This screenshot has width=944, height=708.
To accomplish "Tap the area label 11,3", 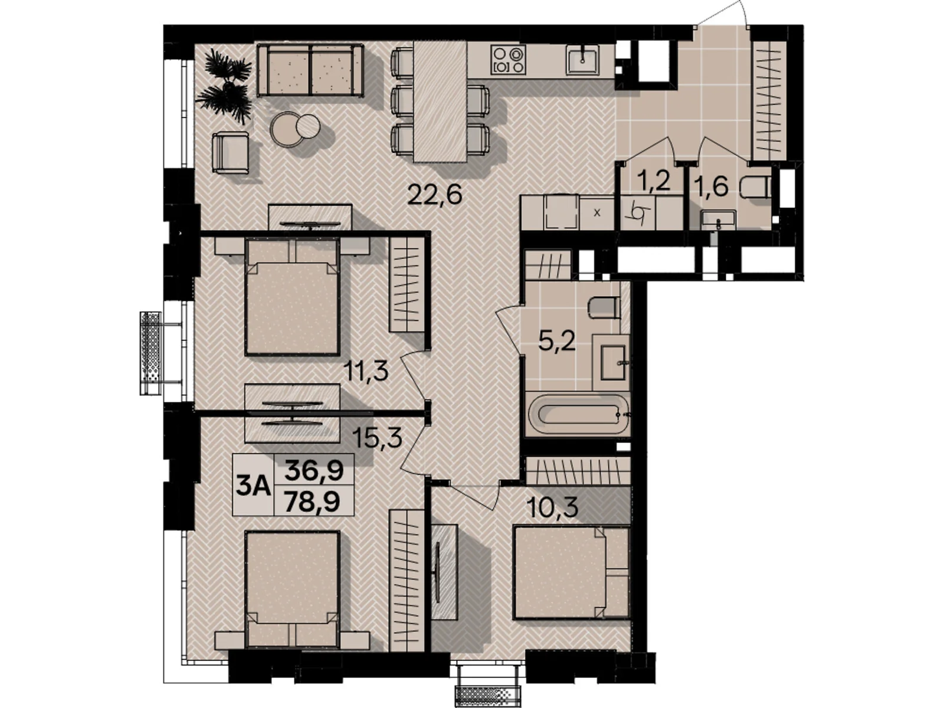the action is pyautogui.click(x=366, y=371).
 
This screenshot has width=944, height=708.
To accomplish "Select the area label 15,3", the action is pyautogui.click(x=377, y=438).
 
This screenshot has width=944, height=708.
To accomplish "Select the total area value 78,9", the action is pyautogui.click(x=313, y=501).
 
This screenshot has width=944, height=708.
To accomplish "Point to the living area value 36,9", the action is pyautogui.click(x=314, y=470).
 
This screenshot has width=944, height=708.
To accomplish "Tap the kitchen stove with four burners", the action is pyautogui.click(x=509, y=58).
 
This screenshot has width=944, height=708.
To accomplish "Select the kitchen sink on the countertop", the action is pyautogui.click(x=583, y=60).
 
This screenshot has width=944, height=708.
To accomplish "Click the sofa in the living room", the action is pyautogui.click(x=310, y=70).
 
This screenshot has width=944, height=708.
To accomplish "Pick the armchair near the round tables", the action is pyautogui.click(x=231, y=152).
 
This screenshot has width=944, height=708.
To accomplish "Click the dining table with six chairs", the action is pyautogui.click(x=440, y=101).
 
